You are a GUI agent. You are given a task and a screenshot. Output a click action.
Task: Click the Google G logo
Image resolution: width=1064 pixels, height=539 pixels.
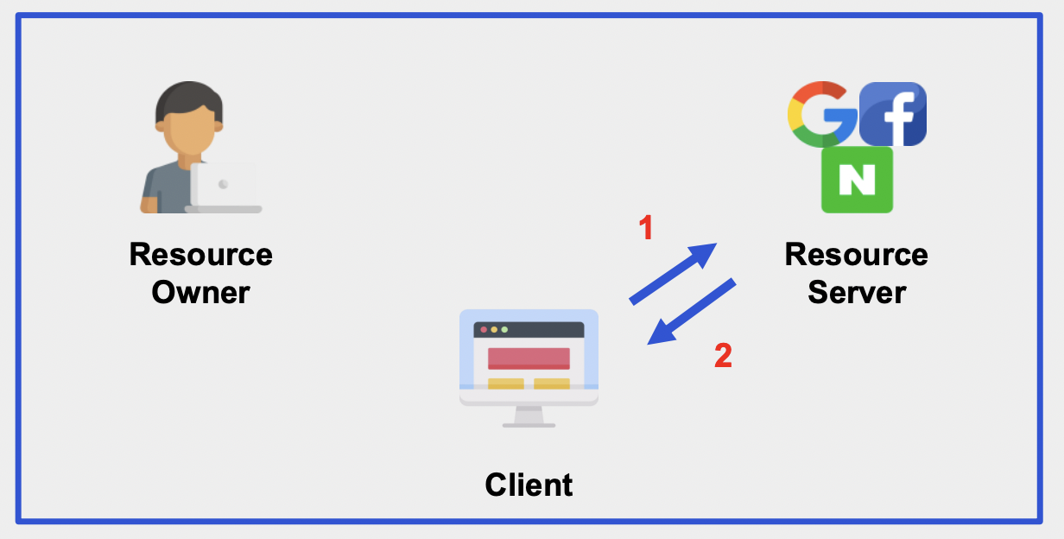820,114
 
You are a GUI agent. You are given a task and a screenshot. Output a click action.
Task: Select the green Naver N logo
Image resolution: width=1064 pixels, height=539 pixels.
857,180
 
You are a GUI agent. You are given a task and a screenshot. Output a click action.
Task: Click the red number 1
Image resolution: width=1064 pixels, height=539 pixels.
645,229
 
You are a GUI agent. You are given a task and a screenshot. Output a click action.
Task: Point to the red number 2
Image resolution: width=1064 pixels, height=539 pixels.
723,355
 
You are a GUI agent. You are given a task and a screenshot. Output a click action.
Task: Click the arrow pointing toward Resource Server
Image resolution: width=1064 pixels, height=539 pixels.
674,273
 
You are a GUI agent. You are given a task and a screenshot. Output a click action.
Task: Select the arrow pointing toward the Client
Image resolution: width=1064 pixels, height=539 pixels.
692,311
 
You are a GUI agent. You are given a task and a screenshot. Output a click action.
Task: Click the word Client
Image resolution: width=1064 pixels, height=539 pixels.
529,485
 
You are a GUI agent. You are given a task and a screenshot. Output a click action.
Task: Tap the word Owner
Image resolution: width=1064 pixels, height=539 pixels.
200,292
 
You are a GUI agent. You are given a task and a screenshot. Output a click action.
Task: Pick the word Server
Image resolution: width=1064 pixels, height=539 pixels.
857,292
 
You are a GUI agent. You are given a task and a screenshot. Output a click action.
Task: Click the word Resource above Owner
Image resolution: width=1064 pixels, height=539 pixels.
200,255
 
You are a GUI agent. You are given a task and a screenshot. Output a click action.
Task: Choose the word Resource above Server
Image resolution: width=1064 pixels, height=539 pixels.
857,255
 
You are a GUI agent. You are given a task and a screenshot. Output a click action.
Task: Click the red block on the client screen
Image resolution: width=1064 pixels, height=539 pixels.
529,358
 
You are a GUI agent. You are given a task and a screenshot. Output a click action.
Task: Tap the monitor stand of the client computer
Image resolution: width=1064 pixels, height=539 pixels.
529,416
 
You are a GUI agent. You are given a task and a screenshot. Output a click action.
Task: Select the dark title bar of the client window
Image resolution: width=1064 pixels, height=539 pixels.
529,330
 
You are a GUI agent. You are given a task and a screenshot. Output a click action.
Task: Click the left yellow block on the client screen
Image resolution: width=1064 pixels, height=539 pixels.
505,383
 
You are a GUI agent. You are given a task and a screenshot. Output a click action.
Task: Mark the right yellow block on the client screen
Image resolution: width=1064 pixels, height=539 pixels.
551,383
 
